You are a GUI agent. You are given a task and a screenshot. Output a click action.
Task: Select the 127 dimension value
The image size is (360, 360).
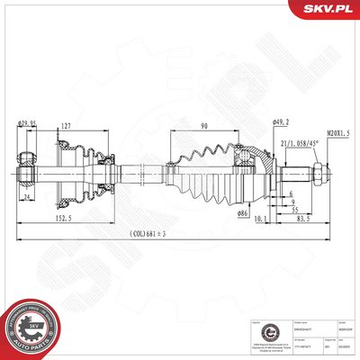pos(66,127)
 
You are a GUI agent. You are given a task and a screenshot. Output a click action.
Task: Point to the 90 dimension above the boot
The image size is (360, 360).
pos(203,127)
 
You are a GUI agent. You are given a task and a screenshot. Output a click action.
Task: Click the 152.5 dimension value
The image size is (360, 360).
pos(61,218)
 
